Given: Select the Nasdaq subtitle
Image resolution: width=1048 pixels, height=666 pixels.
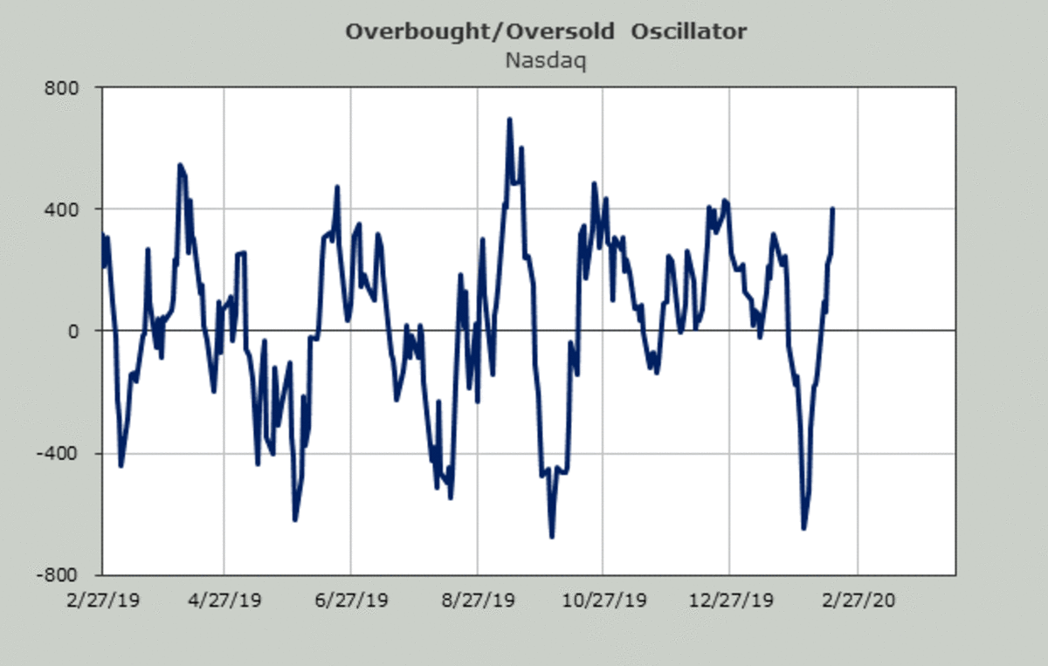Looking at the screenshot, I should (x=546, y=61).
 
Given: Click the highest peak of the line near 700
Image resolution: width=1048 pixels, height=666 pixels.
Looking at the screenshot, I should (x=509, y=119).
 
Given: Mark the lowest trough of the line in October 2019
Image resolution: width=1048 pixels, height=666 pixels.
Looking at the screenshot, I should (x=552, y=536).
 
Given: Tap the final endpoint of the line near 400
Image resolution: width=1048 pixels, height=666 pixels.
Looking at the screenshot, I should (x=832, y=209).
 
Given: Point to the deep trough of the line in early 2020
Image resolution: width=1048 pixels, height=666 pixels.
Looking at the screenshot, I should (x=803, y=528).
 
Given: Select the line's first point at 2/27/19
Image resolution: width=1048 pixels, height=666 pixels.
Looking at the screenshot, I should (x=103, y=234).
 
